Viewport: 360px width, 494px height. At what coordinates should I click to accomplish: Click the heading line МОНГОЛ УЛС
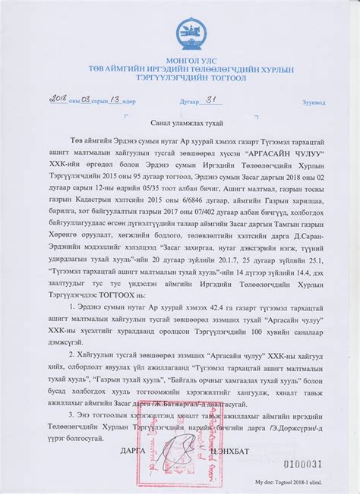[x=185, y=59]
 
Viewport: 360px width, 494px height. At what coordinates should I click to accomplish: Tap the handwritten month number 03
[x=86, y=99]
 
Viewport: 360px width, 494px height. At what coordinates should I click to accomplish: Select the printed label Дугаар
[x=188, y=101]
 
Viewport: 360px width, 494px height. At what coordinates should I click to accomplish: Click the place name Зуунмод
[x=314, y=101]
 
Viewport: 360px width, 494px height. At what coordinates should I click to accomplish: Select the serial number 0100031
[x=303, y=463]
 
